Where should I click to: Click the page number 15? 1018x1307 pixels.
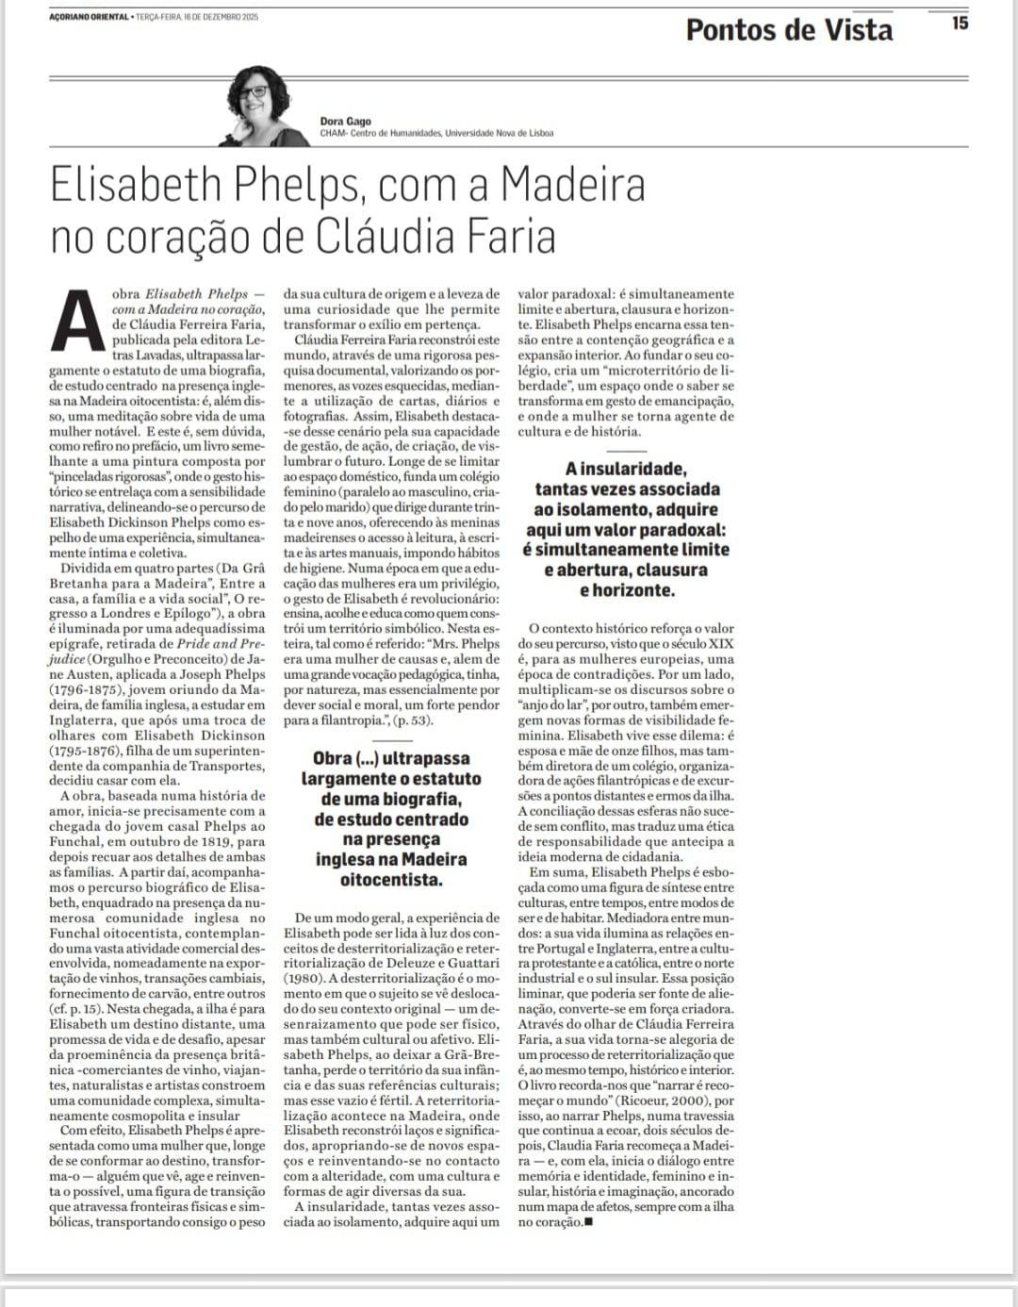click(x=960, y=23)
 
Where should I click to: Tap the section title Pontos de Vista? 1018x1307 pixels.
click(x=789, y=30)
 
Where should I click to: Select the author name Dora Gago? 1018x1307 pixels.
click(x=345, y=121)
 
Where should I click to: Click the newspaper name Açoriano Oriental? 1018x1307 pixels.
click(x=90, y=17)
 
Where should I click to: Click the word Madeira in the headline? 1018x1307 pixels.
click(x=572, y=186)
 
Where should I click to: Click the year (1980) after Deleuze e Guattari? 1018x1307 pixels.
click(x=307, y=979)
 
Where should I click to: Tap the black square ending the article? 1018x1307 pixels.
click(x=588, y=1222)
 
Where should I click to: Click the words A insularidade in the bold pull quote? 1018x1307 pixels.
click(x=626, y=469)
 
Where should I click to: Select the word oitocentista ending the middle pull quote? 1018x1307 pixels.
click(x=390, y=880)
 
